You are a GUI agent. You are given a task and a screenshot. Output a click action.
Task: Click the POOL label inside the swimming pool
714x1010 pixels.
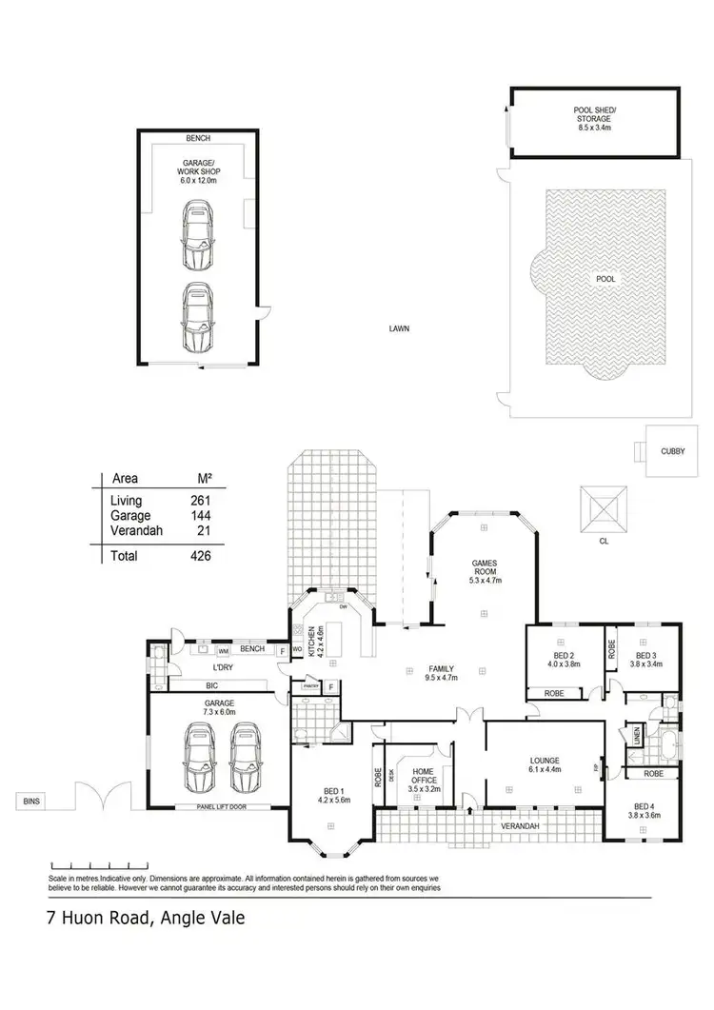point(605,280)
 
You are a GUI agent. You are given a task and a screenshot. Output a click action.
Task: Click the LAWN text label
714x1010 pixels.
point(398,328)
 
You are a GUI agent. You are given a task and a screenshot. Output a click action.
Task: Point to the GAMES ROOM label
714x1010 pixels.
point(486,570)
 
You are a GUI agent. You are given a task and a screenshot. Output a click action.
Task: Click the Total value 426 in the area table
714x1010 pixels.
point(199,556)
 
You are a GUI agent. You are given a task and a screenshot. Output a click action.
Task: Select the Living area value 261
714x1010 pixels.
point(199,500)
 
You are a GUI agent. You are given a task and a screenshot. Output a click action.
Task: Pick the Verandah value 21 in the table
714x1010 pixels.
point(203,530)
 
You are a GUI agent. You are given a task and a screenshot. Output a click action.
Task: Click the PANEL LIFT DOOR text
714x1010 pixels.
point(217,807)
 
